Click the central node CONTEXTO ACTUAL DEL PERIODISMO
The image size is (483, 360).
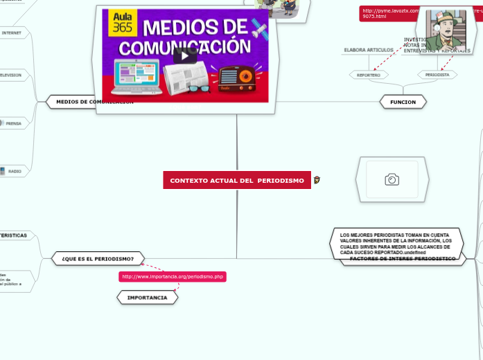click(x=237, y=181)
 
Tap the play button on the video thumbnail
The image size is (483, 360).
click(x=185, y=55)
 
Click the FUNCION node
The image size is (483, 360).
click(x=403, y=102)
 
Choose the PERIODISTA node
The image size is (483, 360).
click(x=437, y=74)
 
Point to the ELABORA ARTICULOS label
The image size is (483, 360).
click(x=369, y=50)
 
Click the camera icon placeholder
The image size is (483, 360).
click(x=392, y=180)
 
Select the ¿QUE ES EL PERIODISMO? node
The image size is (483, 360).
click(x=98, y=258)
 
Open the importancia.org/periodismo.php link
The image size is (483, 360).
click(x=173, y=277)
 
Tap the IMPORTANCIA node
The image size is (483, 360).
click(x=147, y=297)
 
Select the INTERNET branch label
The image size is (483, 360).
click(x=12, y=33)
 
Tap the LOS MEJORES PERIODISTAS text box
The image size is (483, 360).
click(x=395, y=244)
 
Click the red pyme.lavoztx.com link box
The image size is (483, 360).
click(x=389, y=13)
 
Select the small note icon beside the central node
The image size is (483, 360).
click(x=317, y=180)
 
